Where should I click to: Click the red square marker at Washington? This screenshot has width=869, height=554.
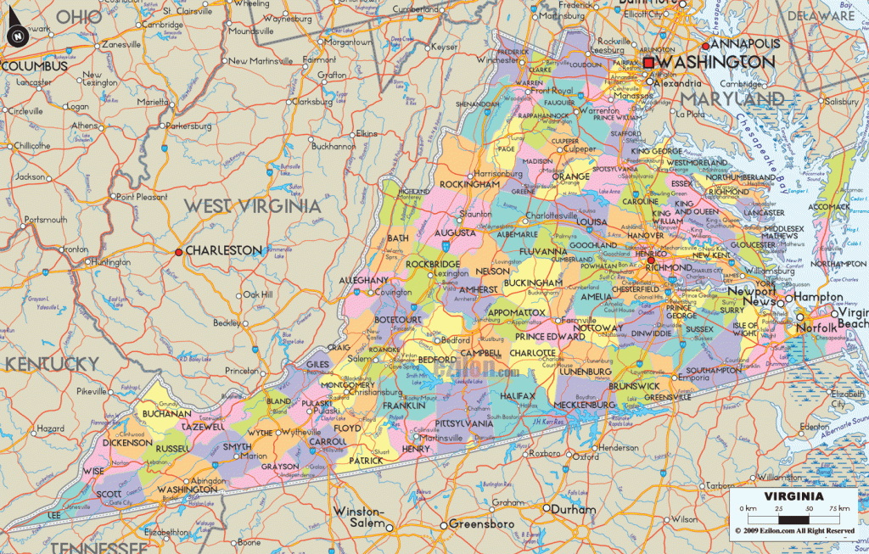pos(649,64)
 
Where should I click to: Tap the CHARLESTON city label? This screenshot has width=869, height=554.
pos(224,250)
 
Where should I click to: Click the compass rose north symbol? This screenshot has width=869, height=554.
pos(18,35)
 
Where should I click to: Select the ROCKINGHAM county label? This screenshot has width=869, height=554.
pos(469,184)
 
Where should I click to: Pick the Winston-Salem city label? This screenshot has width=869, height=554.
pos(360,517)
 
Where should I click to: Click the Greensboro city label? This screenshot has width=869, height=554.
pos(483,523)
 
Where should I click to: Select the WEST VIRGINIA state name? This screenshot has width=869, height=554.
pos(253,206)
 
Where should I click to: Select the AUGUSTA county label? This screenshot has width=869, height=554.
pos(454,232)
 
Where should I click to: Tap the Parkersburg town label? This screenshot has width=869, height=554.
pos(188,126)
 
